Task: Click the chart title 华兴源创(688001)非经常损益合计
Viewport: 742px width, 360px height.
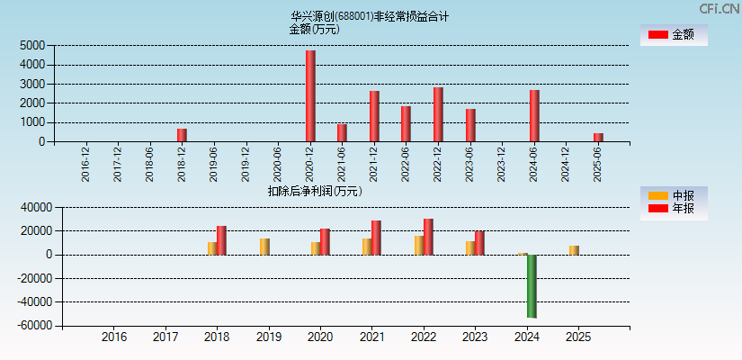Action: pyautogui.click(x=369, y=16)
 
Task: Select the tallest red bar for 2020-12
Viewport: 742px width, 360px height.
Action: pyautogui.click(x=310, y=96)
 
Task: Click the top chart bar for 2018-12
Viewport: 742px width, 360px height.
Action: pyautogui.click(x=182, y=135)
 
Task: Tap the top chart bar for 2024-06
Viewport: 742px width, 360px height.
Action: pyautogui.click(x=534, y=116)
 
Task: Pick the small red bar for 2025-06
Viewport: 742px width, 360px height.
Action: pyautogui.click(x=598, y=138)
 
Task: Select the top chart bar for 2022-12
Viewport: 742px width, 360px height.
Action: pyautogui.click(x=438, y=114)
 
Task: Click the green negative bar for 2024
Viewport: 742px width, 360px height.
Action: pyautogui.click(x=532, y=286)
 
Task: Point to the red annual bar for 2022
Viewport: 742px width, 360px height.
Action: pyautogui.click(x=428, y=237)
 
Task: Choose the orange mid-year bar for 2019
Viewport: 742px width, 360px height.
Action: pyautogui.click(x=264, y=247)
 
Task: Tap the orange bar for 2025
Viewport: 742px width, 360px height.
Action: pyautogui.click(x=574, y=250)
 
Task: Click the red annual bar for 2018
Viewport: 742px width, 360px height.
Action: pyautogui.click(x=221, y=240)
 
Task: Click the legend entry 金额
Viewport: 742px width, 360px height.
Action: pyautogui.click(x=673, y=35)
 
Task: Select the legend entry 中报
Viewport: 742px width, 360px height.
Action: pyautogui.click(x=673, y=195)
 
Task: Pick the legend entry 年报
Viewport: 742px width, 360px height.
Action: pyautogui.click(x=673, y=209)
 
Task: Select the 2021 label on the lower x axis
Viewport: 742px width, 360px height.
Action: pyautogui.click(x=371, y=337)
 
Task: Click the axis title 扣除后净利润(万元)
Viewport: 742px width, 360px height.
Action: pyautogui.click(x=315, y=191)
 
